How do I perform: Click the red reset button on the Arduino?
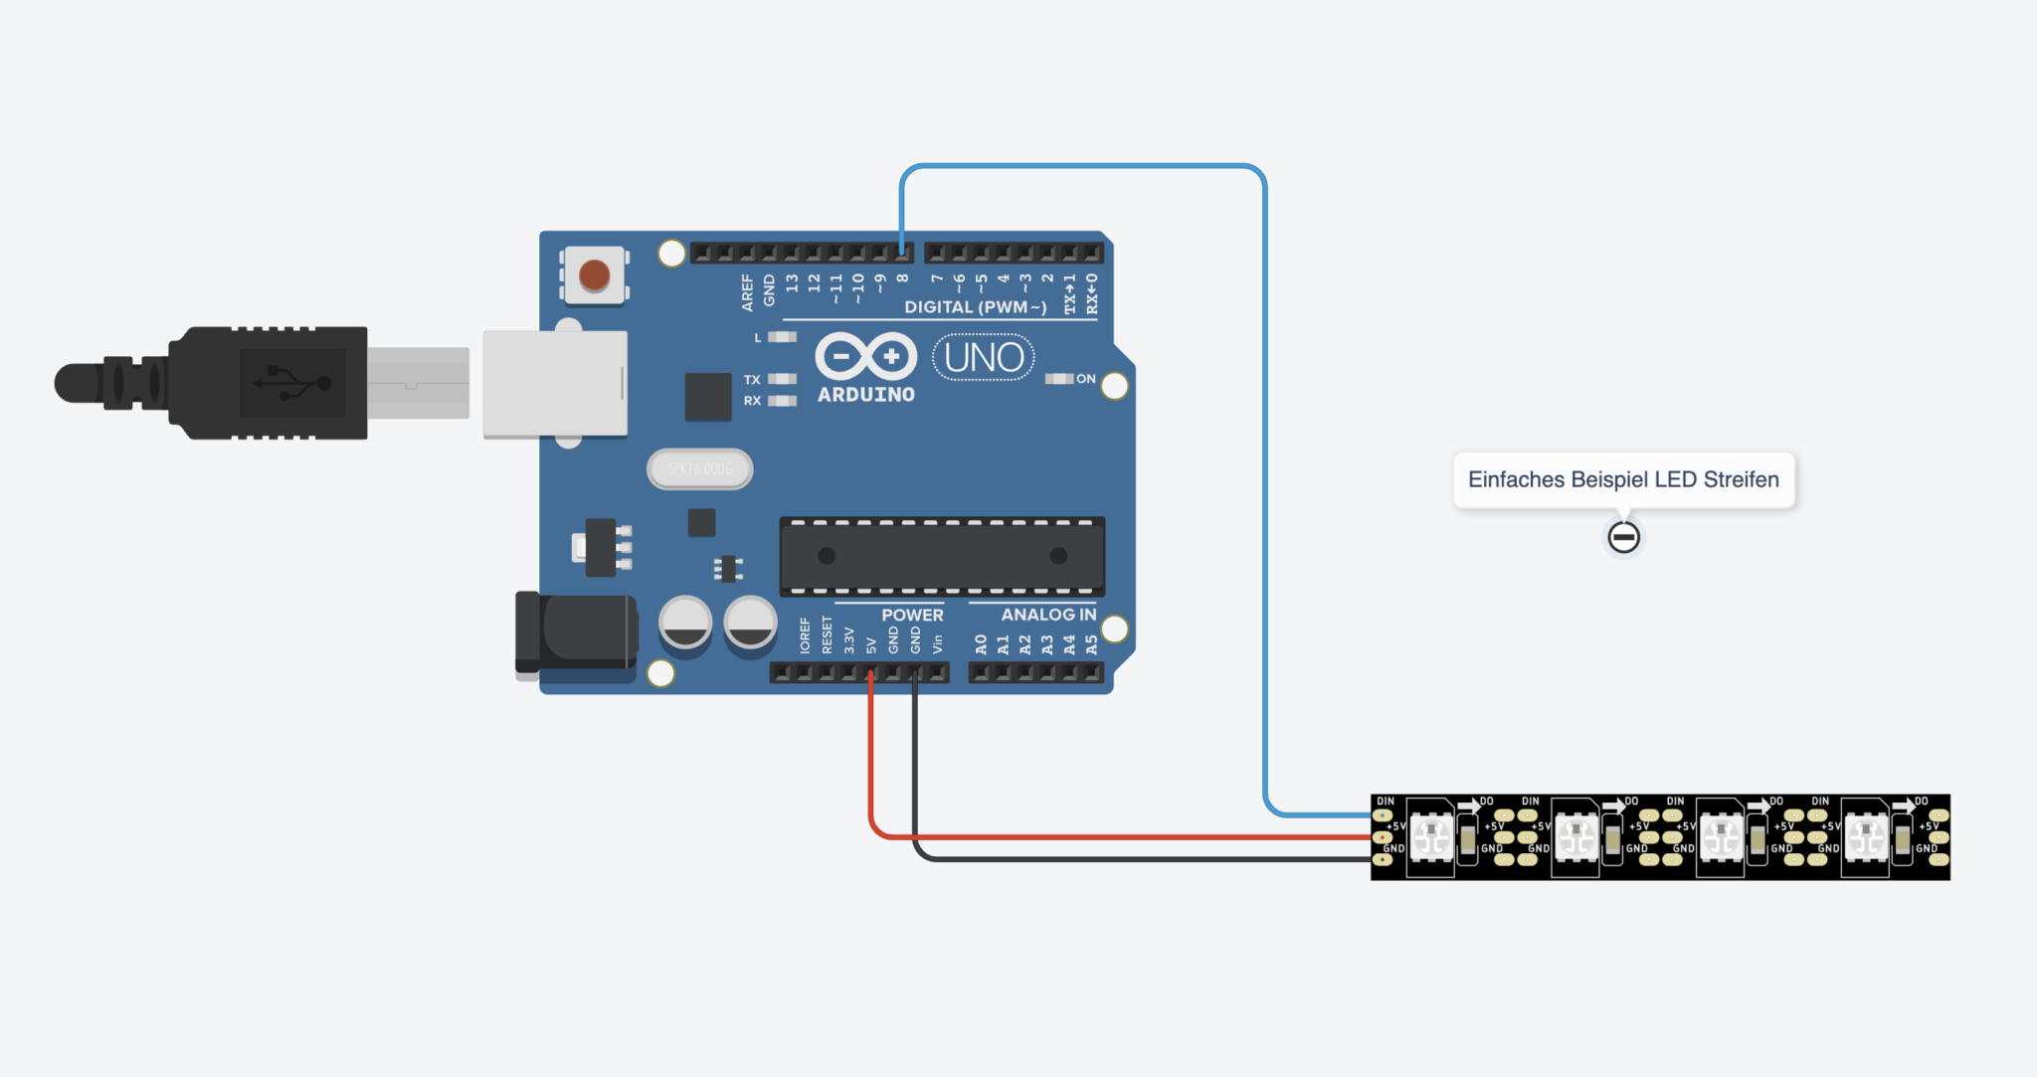pyautogui.click(x=594, y=275)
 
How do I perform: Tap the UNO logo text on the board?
pyautogui.click(x=983, y=358)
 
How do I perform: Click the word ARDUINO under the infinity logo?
pyautogui.click(x=865, y=395)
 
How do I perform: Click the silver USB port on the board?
pyautogui.click(x=554, y=384)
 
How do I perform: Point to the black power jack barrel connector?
pyautogui.click(x=576, y=632)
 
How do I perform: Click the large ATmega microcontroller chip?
pyautogui.click(x=941, y=556)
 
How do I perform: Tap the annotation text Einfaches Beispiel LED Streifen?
pyautogui.click(x=1623, y=479)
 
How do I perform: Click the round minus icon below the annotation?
pyautogui.click(x=1623, y=537)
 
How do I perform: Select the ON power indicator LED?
pyautogui.click(x=1059, y=379)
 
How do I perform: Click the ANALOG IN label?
pyautogui.click(x=1048, y=615)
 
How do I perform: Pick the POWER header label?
pyautogui.click(x=912, y=615)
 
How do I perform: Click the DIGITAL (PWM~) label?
pyautogui.click(x=975, y=307)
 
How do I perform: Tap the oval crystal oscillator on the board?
pyautogui.click(x=699, y=468)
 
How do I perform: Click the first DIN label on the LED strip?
pyautogui.click(x=1385, y=802)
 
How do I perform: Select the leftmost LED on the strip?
pyautogui.click(x=1431, y=837)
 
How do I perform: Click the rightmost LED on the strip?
pyautogui.click(x=1866, y=837)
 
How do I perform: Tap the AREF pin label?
pyautogui.click(x=747, y=292)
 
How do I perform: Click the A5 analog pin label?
pyautogui.click(x=1091, y=644)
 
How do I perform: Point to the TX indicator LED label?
pyautogui.click(x=752, y=380)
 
